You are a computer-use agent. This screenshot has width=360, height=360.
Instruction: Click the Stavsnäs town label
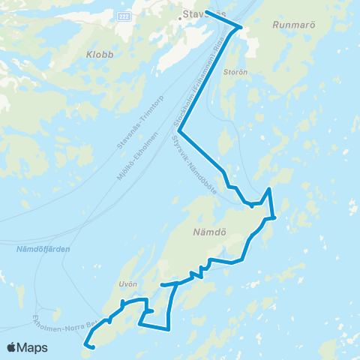pos(205,13)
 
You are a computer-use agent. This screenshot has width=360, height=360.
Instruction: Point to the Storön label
pos(235,73)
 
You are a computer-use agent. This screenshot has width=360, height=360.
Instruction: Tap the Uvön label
pos(127,283)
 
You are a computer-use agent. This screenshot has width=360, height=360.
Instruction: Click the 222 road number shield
pos(124,16)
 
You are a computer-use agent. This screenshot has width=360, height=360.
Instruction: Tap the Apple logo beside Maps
pos(13,348)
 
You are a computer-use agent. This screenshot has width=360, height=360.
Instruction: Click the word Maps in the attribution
pos(34,348)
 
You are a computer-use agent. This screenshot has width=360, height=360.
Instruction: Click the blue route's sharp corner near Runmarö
pos(239,28)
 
